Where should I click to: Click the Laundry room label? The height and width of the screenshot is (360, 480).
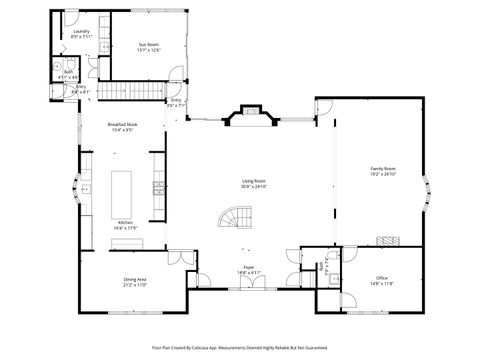tap(82, 31)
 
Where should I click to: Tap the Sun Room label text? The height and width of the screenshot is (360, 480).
tap(149, 44)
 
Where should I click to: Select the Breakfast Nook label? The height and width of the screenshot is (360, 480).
tap(122, 124)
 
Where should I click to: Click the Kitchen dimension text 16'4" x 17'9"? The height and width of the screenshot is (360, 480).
tap(126, 228)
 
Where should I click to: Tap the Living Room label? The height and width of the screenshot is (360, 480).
tap(254, 181)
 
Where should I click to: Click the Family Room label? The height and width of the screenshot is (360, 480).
tap(384, 169)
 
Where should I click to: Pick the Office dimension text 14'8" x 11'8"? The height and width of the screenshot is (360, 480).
tap(381, 283)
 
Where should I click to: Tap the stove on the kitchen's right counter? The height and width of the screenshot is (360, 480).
tap(157, 186)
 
